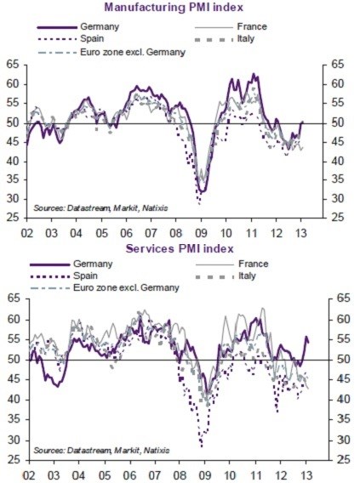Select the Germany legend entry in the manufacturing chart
coord(94,26)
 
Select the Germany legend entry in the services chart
coord(94,263)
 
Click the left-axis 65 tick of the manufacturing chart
coord(13,65)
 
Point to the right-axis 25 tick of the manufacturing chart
coord(339,218)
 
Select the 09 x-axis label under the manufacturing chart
coord(201,231)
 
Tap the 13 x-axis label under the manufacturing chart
coord(301,231)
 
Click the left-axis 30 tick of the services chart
coord(13,440)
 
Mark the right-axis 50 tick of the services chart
coord(339,360)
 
